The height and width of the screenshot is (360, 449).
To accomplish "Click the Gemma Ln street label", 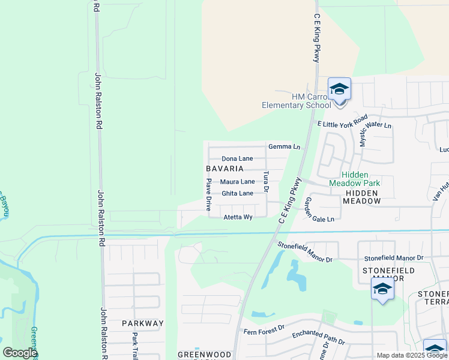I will (284, 146).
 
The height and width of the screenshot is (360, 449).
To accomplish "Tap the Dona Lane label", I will (237, 158).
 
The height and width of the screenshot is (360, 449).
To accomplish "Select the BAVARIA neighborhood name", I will (224, 169).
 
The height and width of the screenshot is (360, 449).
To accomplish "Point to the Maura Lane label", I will (237, 182).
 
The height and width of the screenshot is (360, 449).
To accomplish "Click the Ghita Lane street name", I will (237, 193).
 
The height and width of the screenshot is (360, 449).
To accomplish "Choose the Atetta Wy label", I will (238, 217).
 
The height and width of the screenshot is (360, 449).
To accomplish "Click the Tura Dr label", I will (266, 181).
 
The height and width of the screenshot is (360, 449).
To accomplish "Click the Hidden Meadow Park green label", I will (354, 178).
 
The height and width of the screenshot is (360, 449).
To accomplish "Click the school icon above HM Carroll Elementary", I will (339, 89).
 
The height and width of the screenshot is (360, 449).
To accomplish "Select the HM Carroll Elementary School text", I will (297, 101).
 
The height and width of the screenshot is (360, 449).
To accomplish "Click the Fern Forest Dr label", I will (263, 331).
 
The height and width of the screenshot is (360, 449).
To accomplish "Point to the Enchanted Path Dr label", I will (318, 338).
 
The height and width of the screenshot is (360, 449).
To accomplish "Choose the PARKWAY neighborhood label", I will (142, 323).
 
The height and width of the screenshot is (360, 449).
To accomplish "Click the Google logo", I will (20, 353).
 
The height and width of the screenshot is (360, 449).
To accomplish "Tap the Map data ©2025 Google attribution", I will (411, 355).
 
